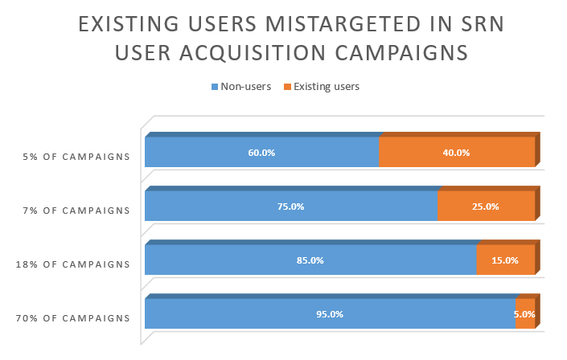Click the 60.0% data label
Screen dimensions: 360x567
tap(261, 153)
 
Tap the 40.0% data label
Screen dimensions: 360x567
tap(456, 153)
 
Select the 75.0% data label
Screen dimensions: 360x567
tap(290, 207)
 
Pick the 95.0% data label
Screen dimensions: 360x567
tap(330, 314)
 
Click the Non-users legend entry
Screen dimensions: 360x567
tap(241, 86)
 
